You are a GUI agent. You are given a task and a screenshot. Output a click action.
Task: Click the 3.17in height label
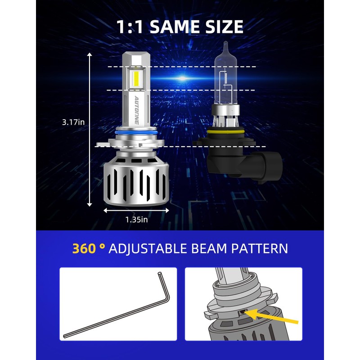click(74, 122)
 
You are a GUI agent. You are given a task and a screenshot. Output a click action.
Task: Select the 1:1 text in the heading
click(131, 27)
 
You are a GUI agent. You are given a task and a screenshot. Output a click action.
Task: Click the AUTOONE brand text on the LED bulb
click(135, 110)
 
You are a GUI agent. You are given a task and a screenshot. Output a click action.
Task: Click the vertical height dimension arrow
click(90, 130)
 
